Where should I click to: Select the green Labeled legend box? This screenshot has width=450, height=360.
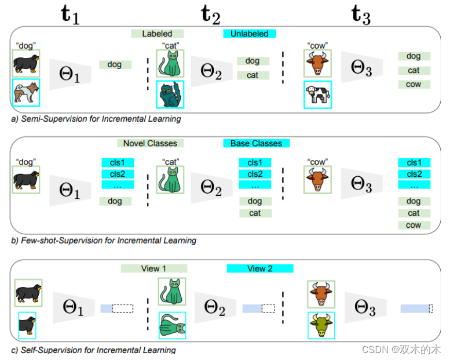point(157,34)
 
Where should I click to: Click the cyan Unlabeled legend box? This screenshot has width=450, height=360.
point(250,34)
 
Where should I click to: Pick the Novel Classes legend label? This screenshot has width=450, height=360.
point(150,143)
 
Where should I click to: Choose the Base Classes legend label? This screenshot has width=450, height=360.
point(256,143)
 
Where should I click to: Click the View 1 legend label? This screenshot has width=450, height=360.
point(153,268)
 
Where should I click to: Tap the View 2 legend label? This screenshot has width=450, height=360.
point(260,268)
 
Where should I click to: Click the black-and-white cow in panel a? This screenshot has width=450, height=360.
point(317,93)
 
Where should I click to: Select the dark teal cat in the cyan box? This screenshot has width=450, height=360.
point(170,93)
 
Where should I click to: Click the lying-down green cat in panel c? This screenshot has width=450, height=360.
point(172,325)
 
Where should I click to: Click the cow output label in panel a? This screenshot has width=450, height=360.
point(414,84)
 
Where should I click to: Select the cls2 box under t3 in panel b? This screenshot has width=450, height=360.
point(414,174)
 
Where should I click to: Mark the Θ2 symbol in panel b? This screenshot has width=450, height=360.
point(211,187)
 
